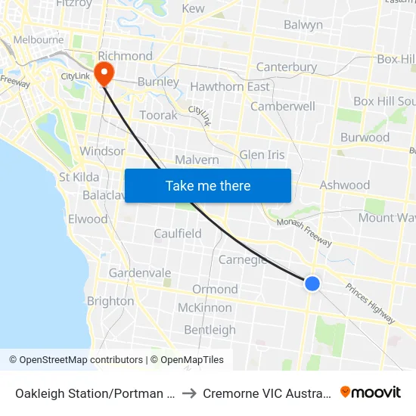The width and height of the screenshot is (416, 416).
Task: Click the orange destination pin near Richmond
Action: point(102,73)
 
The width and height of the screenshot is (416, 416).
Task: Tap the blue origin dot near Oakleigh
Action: point(312,284)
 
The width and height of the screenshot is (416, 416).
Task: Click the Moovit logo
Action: point(371,392)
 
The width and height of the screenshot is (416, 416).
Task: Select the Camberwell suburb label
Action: point(282,107)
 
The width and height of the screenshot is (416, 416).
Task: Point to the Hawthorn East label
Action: point(230,87)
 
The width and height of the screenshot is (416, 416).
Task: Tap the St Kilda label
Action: point(79,177)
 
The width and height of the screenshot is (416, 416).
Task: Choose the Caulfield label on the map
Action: point(178,234)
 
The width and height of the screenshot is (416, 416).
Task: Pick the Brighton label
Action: point(110,301)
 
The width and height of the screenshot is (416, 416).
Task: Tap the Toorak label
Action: point(158,116)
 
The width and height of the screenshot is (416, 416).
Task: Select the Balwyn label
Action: point(303,25)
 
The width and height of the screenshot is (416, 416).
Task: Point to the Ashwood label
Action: point(344,185)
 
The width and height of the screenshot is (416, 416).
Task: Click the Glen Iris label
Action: point(262,155)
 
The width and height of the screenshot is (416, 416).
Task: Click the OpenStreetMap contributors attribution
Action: point(76,360)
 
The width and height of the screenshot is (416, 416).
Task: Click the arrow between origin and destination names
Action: point(189,393)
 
